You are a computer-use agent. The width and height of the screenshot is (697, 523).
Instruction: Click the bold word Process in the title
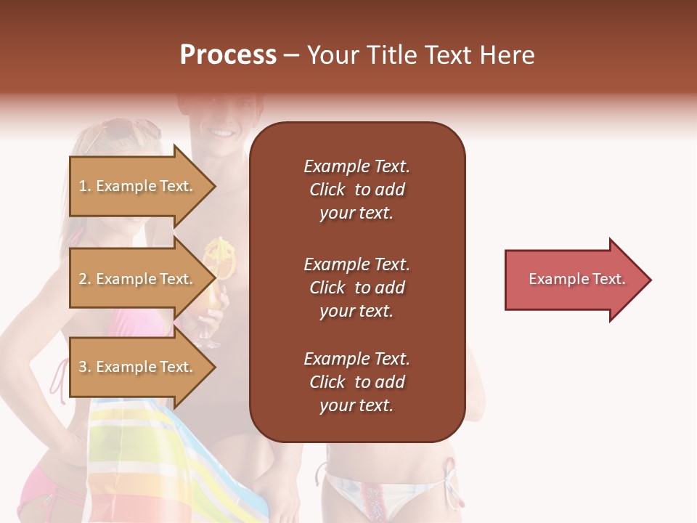pos(228,55)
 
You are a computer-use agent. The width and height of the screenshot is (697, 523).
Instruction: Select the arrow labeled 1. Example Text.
pos(138,186)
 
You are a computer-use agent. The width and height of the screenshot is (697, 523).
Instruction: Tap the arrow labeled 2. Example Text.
pos(138,279)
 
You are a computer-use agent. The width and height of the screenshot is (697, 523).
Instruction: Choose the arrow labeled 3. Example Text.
pos(138,367)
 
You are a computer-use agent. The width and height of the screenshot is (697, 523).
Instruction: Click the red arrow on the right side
pos(574,280)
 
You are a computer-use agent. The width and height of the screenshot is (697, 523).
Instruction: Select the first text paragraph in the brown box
pos(356,190)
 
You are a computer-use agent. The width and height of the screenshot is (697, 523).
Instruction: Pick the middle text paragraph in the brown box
pos(356,288)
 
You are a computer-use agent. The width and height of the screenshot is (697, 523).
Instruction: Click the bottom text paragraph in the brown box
pos(356,382)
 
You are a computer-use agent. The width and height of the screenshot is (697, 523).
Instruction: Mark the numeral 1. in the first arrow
pos(84,186)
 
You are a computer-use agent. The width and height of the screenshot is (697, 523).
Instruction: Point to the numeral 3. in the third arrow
pos(84,367)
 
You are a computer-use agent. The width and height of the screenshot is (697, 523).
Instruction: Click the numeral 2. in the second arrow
pos(84,279)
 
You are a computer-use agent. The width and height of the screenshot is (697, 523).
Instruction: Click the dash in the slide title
pos(291,55)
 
